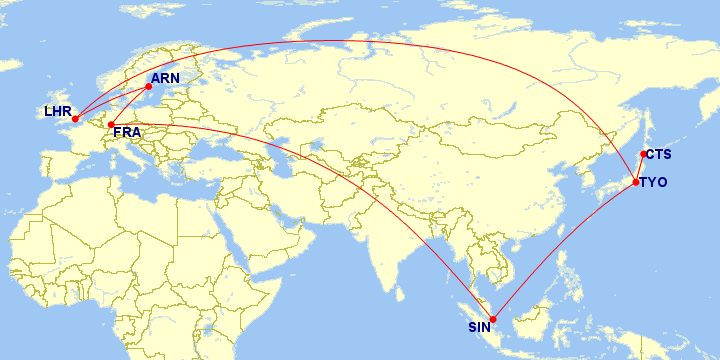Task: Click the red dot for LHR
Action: coord(75,119)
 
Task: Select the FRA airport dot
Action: coord(111,124)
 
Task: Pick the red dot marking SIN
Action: coord(492,319)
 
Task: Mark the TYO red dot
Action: coord(636,181)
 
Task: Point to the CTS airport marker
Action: coord(643,154)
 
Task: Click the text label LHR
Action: coord(57,110)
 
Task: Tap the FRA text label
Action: coord(127,133)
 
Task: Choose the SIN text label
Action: coord(480,327)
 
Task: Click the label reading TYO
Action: coord(653,182)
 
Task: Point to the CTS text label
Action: coord(658,154)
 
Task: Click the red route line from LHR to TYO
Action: coord(350,41)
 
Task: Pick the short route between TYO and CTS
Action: coord(640,167)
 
